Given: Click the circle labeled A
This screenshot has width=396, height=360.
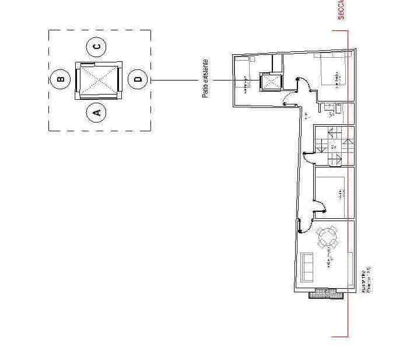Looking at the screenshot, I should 97,111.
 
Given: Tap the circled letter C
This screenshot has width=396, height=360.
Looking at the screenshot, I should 97,46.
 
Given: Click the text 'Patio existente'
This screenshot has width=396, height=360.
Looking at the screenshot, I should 205,78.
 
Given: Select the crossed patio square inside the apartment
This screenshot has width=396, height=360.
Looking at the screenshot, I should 271,82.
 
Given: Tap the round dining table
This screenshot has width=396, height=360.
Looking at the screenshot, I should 327,237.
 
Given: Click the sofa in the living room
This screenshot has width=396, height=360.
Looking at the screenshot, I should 307,266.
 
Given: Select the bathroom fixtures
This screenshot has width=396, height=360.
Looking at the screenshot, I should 330,109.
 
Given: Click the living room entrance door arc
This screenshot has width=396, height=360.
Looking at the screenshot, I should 303,225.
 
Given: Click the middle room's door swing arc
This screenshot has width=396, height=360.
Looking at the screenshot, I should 319,205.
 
